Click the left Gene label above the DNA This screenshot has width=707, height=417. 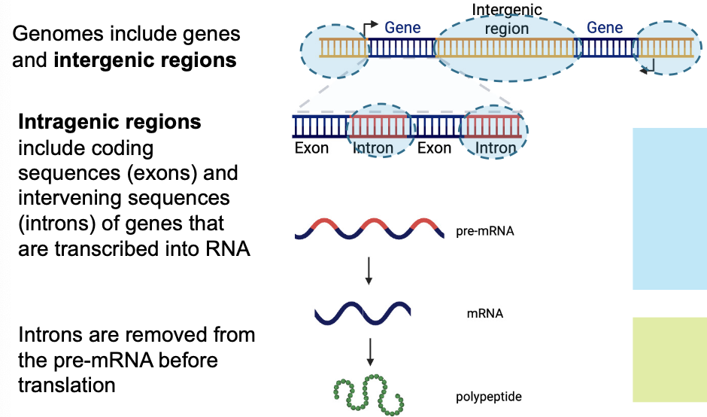tap(402, 28)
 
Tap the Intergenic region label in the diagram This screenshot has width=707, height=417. tap(507, 20)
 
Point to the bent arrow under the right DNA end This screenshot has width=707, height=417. tap(648, 68)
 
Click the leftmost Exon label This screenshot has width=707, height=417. tap(311, 148)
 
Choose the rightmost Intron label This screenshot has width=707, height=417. tap(496, 148)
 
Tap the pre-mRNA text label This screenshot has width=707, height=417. tap(484, 231)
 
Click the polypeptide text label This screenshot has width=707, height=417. tap(488, 397)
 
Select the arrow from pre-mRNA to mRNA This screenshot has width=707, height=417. tap(369, 269)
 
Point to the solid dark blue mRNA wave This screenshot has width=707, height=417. tap(363, 311)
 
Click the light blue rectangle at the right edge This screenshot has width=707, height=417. tap(669, 208)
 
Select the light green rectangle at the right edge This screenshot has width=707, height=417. tap(669, 360)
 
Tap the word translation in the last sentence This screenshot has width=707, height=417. tap(66, 385)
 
